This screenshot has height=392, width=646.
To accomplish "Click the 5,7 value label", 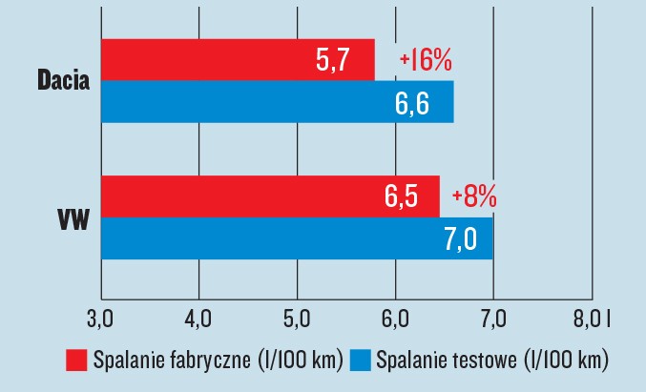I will tap(334, 62).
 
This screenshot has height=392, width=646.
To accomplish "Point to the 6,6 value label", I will tap(412, 103).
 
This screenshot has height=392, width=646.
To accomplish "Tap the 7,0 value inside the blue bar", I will tap(460, 239).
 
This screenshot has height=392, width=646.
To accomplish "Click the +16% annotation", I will tap(426, 61).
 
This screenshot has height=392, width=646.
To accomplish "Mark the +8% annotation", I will tap(474, 197).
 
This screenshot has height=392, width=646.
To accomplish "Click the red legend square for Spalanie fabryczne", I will tap(77, 361).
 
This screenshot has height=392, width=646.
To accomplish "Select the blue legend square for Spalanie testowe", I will tap(361, 361).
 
